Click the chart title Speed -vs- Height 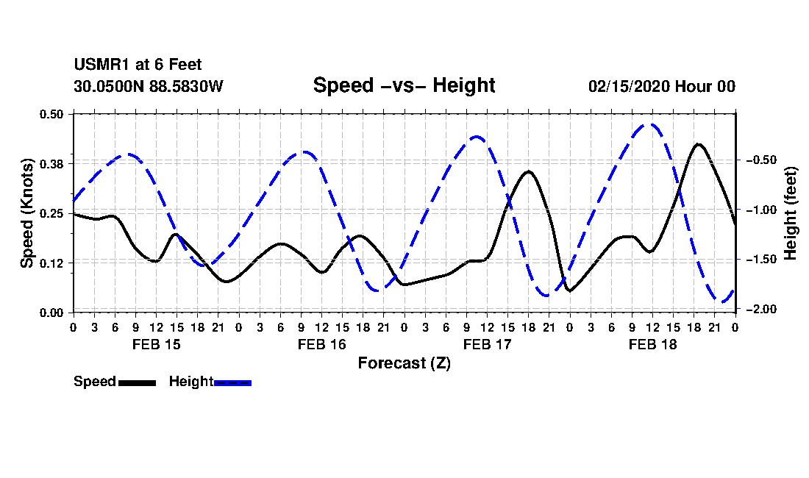(x=404, y=85)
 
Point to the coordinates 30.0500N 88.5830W (x=149, y=86)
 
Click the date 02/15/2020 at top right (x=630, y=86)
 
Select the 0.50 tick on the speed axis (x=51, y=114)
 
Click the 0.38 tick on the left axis (x=51, y=164)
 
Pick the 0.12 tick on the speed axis (x=51, y=263)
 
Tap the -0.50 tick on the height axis (x=761, y=160)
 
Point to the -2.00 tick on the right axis (x=761, y=309)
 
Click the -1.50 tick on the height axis (x=761, y=260)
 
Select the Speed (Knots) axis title (x=26, y=213)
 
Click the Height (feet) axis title (x=790, y=213)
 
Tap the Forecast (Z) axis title (x=404, y=363)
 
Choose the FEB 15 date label (x=157, y=344)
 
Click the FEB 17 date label (x=487, y=344)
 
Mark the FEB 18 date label (x=652, y=344)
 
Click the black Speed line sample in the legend (x=138, y=383)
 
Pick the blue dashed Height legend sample (x=232, y=383)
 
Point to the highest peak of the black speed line (x=699, y=144)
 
